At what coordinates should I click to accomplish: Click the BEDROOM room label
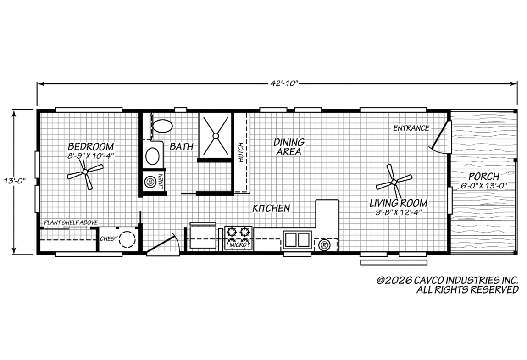click(91, 147)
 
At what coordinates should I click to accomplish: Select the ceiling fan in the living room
click(394, 182)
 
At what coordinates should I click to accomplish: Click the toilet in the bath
click(162, 126)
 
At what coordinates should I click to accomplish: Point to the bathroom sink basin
click(152, 156)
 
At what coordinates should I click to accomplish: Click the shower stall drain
click(216, 136)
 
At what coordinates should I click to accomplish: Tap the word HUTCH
click(241, 152)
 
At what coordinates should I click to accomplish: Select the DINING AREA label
click(288, 147)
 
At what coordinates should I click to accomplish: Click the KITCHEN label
click(271, 208)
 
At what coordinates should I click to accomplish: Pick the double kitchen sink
click(297, 239)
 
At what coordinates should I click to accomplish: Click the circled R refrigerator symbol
click(324, 245)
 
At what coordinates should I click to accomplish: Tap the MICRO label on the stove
click(238, 245)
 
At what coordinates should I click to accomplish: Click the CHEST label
click(109, 238)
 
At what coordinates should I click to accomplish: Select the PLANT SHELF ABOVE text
click(71, 222)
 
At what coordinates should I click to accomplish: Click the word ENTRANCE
click(411, 128)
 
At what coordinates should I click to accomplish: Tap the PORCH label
click(483, 176)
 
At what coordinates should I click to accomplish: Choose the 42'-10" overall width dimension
click(285, 83)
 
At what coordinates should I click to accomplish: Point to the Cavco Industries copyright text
click(447, 285)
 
